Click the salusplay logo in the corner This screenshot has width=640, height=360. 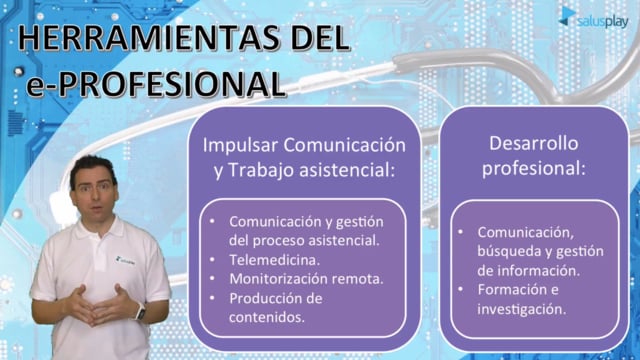click(594, 18)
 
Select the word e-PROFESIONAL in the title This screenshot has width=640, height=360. click(155, 84)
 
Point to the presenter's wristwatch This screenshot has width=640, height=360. click(140, 312)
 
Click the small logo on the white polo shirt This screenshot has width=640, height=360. click(124, 260)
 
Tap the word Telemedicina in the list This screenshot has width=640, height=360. click(274, 260)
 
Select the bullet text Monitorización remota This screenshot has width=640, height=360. click(306, 279)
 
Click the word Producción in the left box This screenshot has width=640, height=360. click(265, 298)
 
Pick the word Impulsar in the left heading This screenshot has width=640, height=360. click(240, 146)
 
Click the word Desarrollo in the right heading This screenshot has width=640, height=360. click(533, 143)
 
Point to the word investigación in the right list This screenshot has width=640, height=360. click(522, 309)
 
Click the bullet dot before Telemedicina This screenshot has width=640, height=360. click(212, 260)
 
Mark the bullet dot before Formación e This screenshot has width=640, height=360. click(460, 289)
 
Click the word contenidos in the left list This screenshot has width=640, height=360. click(267, 317)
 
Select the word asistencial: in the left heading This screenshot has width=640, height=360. click(347, 170)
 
